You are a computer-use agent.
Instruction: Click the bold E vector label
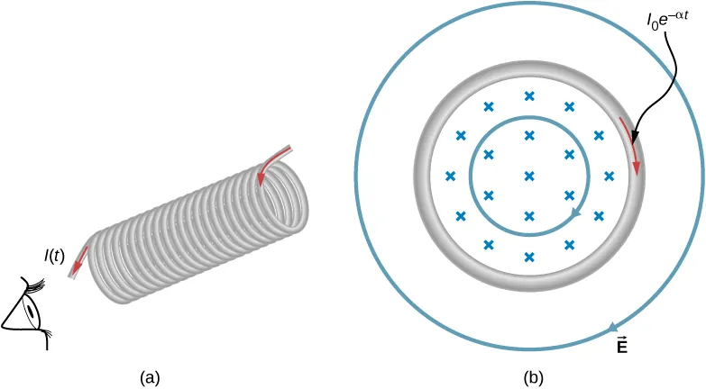(x=622, y=345)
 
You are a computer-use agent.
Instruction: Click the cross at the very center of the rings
(x=529, y=176)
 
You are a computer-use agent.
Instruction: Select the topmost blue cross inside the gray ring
(x=529, y=95)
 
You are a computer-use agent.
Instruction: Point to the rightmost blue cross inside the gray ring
(x=609, y=176)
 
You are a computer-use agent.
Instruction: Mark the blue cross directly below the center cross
(x=529, y=215)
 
